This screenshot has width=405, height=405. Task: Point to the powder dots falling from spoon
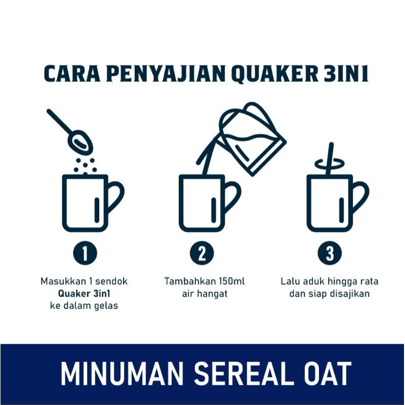[x=85, y=165]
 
